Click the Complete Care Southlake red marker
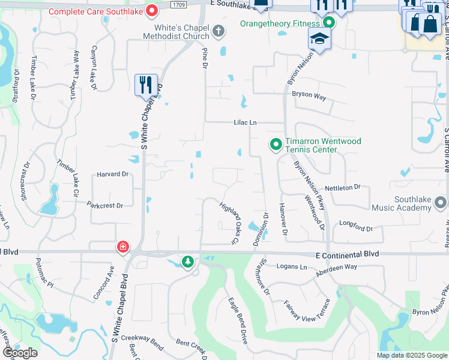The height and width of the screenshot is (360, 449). (152, 10)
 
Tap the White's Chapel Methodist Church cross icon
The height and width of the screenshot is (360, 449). (218, 31)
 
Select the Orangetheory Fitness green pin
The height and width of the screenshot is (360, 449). (328, 23)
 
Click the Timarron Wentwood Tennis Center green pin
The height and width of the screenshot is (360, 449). (276, 144)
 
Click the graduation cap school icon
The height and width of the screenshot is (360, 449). (319, 40)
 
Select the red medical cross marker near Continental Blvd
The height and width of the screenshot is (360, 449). (122, 247)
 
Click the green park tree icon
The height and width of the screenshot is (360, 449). (188, 262)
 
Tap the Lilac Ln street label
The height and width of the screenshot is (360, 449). (246, 122)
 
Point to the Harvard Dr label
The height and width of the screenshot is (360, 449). (113, 175)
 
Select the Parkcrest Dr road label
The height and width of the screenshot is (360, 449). (105, 205)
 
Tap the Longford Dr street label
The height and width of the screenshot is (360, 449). (356, 229)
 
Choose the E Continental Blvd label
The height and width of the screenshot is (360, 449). (348, 254)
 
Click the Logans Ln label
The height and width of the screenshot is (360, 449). (291, 266)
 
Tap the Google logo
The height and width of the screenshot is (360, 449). (20, 353)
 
